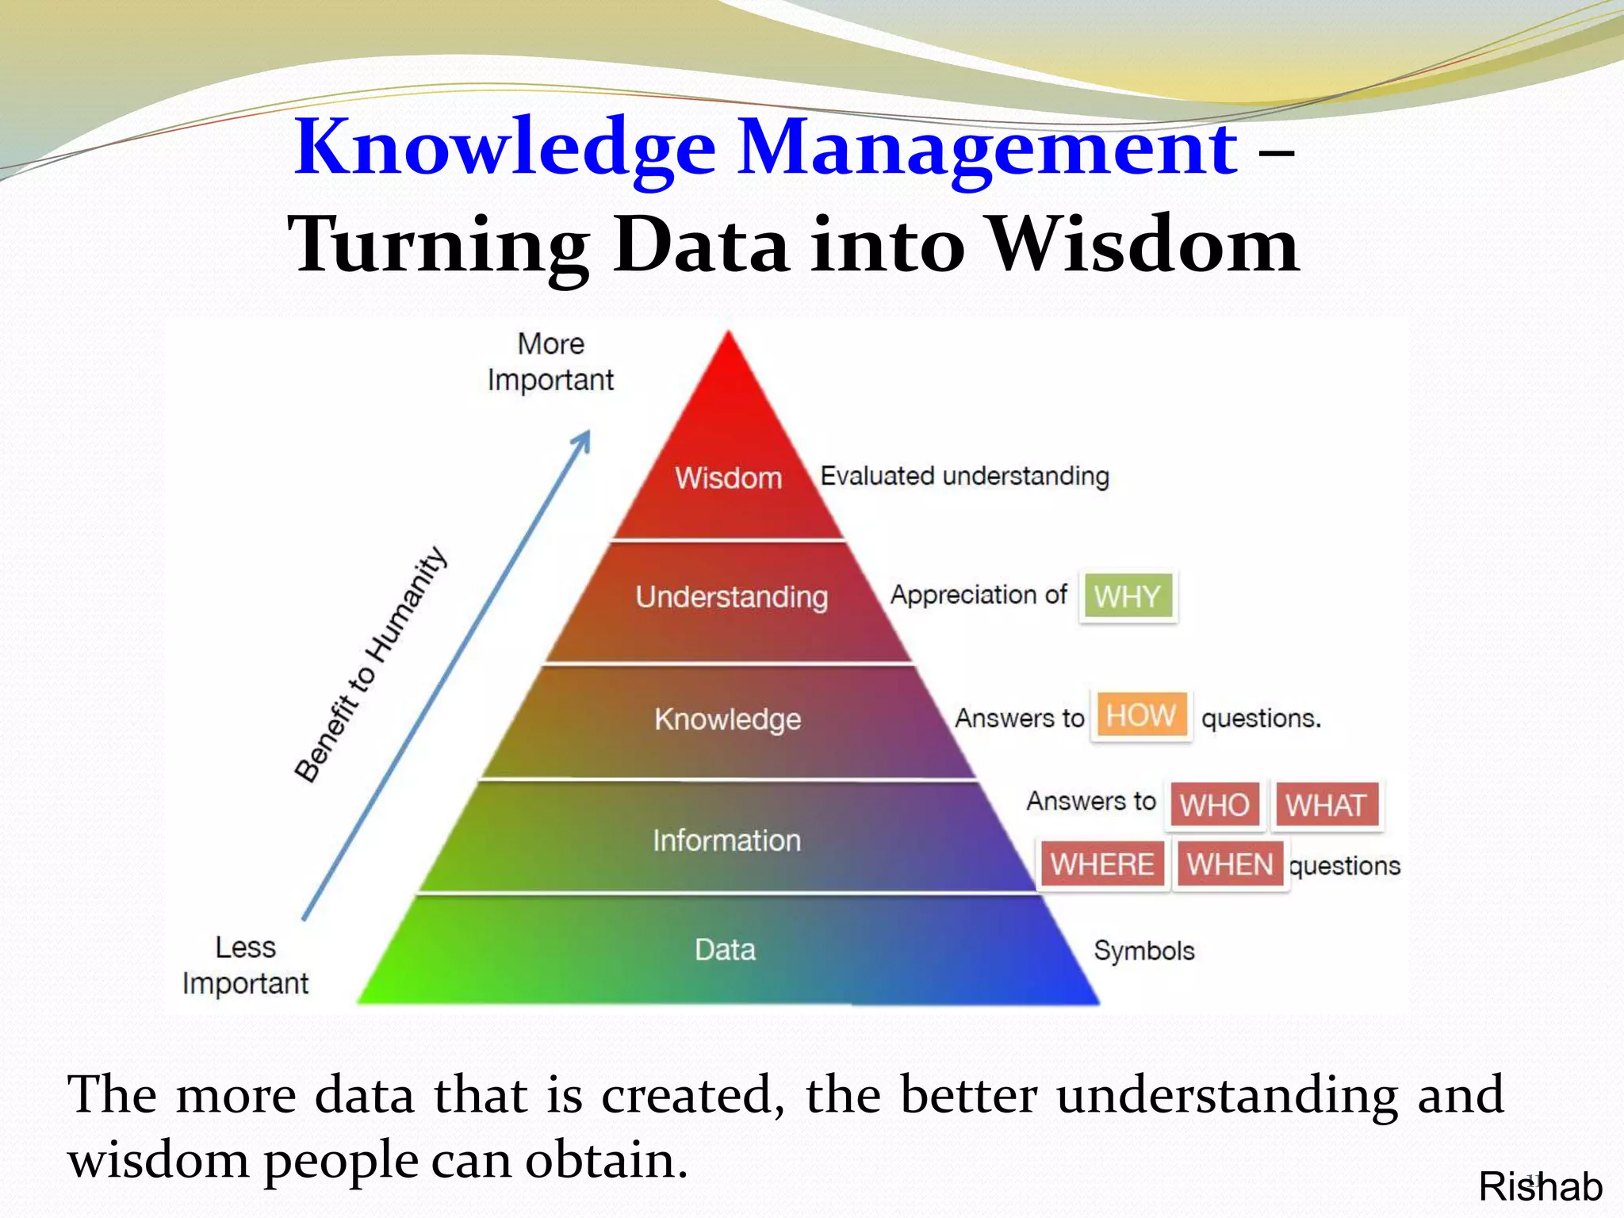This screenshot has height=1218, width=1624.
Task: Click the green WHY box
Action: click(x=1127, y=596)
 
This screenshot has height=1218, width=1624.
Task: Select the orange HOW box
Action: click(x=1140, y=716)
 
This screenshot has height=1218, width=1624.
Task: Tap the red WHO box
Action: click(x=1214, y=806)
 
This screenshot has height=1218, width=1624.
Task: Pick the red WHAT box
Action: click(x=1326, y=806)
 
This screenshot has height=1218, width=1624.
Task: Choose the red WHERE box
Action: click(x=1102, y=864)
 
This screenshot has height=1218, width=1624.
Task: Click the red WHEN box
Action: click(x=1229, y=864)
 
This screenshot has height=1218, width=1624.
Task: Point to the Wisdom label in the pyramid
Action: click(x=728, y=478)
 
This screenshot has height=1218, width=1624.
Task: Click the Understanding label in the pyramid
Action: click(x=731, y=597)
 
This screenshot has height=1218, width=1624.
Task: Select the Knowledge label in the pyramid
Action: click(x=727, y=719)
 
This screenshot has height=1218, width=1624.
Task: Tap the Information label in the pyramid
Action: click(x=726, y=841)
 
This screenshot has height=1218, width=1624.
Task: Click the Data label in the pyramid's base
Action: click(x=725, y=950)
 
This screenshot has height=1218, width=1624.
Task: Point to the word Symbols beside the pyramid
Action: click(x=1143, y=951)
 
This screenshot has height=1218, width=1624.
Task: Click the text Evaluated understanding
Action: click(x=964, y=477)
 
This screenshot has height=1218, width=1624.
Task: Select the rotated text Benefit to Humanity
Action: click(x=370, y=665)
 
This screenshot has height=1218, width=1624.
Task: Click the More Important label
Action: click(x=550, y=362)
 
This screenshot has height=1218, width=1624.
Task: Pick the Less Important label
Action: click(x=245, y=965)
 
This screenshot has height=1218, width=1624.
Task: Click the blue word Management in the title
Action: click(x=988, y=147)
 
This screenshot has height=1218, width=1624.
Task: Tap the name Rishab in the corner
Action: click(x=1540, y=1188)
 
